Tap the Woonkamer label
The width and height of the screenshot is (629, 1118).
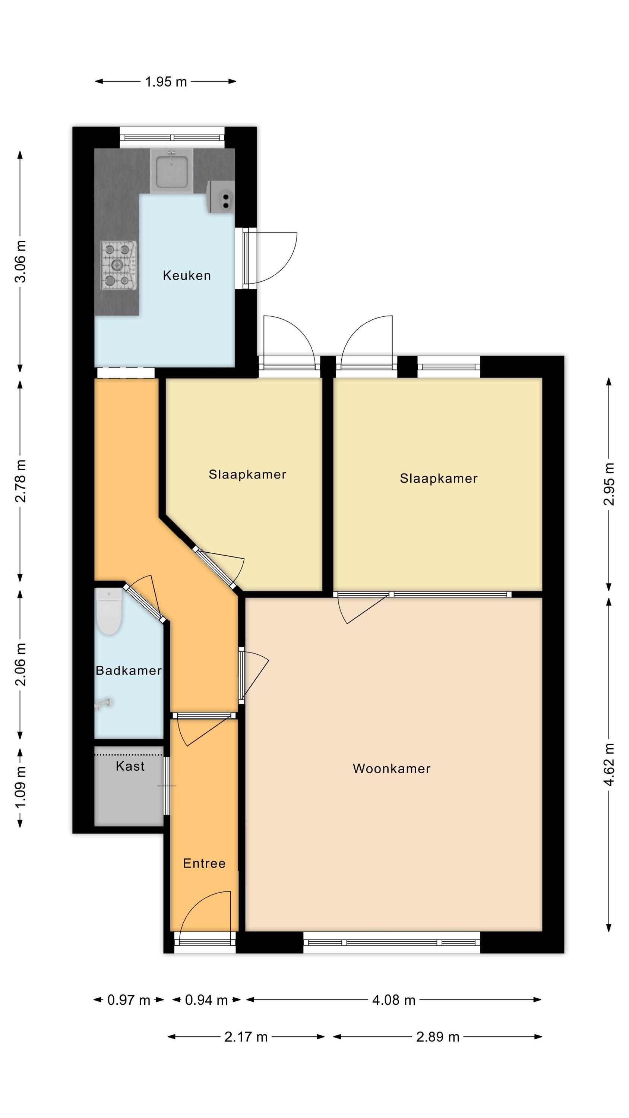click(x=392, y=768)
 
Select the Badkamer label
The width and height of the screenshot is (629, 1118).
click(x=129, y=670)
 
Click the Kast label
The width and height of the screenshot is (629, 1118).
click(x=130, y=766)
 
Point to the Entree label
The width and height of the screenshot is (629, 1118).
click(x=204, y=863)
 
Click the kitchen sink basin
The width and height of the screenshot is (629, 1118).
click(x=172, y=171)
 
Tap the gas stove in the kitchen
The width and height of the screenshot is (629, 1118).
click(x=119, y=266)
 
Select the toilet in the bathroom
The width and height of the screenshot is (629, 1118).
click(x=108, y=611)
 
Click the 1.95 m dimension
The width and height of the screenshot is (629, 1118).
click(x=166, y=82)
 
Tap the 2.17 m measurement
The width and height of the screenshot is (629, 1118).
click(x=246, y=1037)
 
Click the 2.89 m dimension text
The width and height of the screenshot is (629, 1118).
click(x=437, y=1037)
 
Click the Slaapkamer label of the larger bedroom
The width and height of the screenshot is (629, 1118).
click(x=439, y=478)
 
